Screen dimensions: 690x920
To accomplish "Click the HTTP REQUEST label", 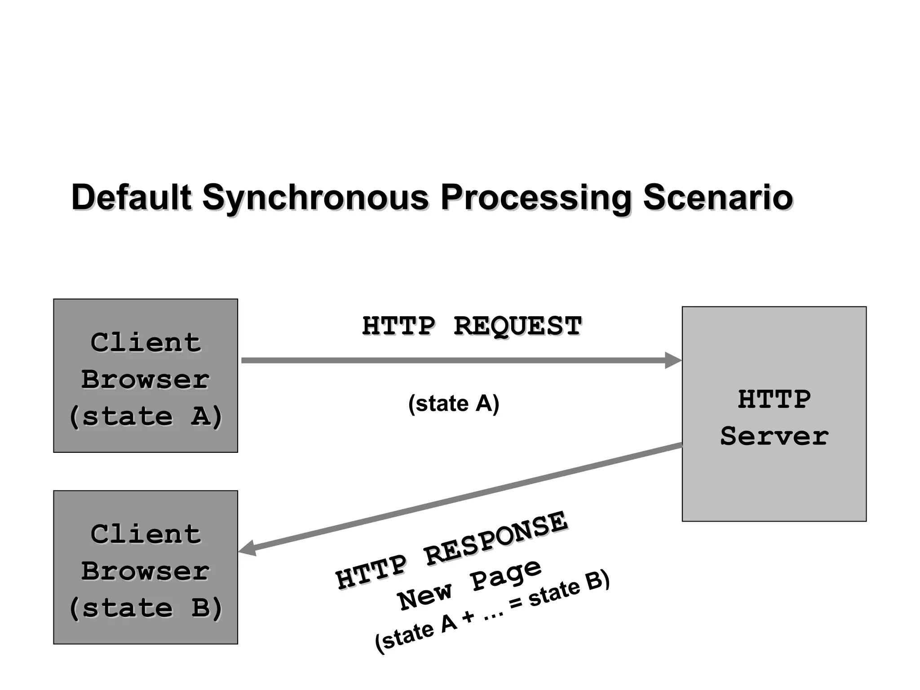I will (472, 326).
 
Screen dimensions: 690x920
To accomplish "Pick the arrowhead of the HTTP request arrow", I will (673, 360).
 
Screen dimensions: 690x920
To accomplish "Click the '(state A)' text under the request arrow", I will (454, 403).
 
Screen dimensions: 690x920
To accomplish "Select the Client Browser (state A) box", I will (146, 376).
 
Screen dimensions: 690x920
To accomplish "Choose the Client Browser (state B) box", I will (146, 567).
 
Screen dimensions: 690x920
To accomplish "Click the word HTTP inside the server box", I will (774, 399).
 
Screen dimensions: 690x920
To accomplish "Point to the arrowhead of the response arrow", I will (247, 549).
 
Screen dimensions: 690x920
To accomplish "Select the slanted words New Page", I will (470, 585).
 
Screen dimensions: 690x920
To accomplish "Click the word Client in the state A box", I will (146, 343).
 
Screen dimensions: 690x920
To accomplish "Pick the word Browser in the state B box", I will (146, 571).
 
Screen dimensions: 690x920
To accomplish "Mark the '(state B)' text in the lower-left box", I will (146, 608).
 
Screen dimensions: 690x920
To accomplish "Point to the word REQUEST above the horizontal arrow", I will (517, 326).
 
